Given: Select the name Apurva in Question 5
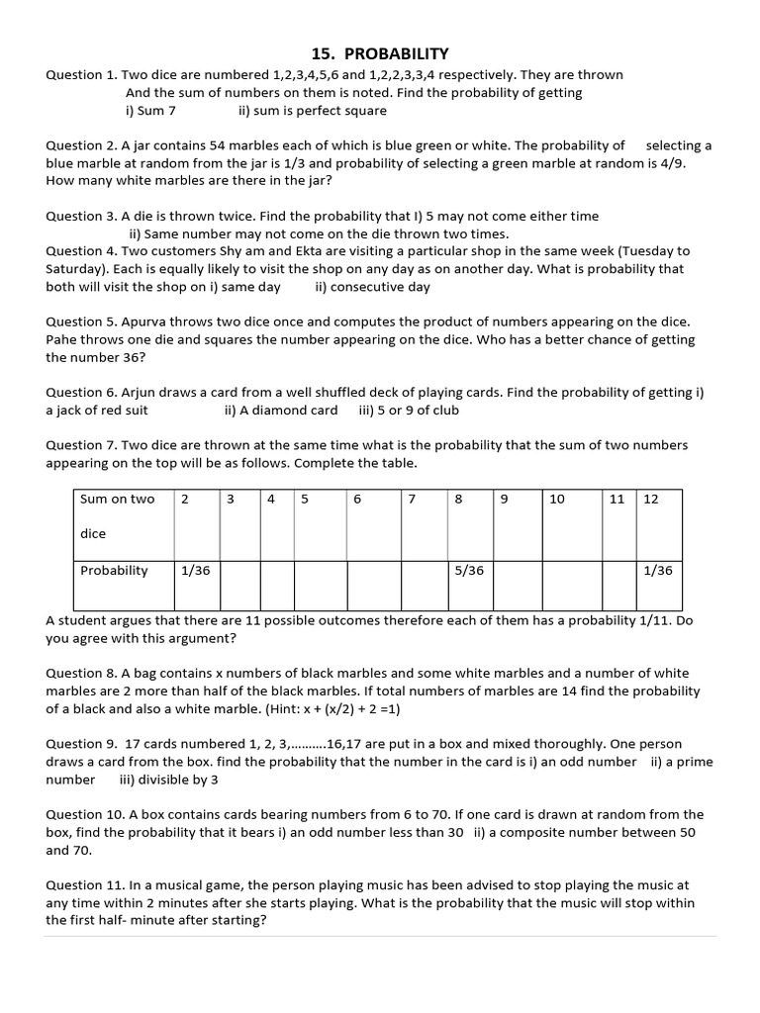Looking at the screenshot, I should (143, 322).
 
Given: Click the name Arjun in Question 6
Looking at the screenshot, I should (141, 392).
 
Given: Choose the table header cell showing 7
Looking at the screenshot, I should (412, 499).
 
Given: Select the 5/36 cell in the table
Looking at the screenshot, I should (469, 571).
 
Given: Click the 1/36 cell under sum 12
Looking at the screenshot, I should (657, 571).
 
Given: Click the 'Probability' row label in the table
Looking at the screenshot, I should (114, 571).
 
